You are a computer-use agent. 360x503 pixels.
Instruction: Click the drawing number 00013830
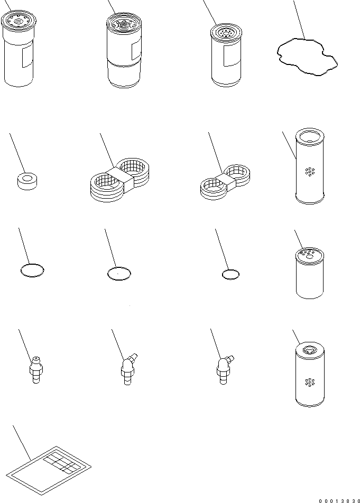339,500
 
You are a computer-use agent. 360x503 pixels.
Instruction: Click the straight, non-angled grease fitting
36,370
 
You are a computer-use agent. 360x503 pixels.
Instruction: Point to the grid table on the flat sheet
61,461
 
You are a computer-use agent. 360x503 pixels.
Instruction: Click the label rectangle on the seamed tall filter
137,50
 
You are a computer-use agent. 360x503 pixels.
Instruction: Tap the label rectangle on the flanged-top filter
27,55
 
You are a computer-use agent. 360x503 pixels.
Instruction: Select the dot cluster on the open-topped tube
310,172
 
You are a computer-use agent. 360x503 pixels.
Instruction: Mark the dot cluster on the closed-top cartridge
310,382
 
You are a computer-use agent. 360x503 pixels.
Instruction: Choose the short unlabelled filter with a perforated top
310,273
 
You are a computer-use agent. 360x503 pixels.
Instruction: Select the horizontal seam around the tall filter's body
124,64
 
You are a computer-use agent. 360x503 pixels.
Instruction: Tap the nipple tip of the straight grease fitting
36,358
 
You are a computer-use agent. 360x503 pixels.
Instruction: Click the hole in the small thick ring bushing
27,178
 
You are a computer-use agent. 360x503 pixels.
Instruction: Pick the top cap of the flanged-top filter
19,20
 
